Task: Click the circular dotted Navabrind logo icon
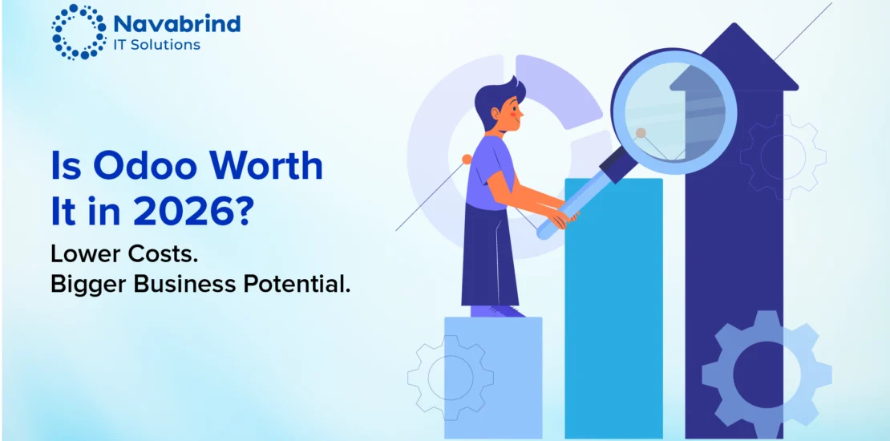[x=79, y=32]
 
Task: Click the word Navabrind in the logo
[x=176, y=24]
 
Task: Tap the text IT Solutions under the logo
[x=156, y=44]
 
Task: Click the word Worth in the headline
[x=274, y=167]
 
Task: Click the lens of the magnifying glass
[x=674, y=111]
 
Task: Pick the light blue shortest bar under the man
[x=492, y=378]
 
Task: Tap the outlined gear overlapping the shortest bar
[x=451, y=378]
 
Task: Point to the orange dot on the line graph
[x=467, y=160]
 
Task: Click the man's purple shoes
[x=497, y=311]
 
